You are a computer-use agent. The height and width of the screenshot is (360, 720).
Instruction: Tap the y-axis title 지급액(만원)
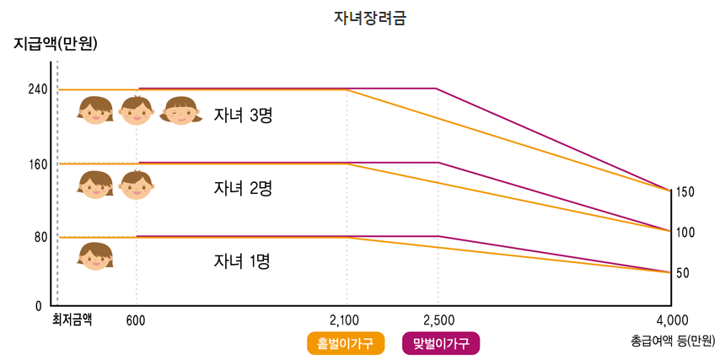click(56, 44)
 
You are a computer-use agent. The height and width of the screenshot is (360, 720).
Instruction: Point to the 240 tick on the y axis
click(38, 89)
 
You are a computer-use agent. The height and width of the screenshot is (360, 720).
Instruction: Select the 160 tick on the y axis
click(38, 164)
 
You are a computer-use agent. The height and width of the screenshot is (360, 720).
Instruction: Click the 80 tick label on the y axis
click(40, 238)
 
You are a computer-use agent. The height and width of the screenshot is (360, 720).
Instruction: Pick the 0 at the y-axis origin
click(39, 305)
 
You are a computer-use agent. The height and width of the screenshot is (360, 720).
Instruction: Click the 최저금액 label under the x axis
click(72, 319)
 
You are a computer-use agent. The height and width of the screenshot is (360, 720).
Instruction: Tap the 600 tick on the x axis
click(136, 320)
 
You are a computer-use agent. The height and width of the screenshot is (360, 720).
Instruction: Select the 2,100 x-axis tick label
click(345, 320)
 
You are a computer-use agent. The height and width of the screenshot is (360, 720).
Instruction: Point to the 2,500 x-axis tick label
click(438, 320)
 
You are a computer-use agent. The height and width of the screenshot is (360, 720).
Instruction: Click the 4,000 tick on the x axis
click(672, 320)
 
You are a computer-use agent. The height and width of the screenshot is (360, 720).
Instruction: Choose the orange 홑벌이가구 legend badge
click(346, 343)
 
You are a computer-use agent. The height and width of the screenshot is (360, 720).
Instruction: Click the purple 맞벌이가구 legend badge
click(441, 343)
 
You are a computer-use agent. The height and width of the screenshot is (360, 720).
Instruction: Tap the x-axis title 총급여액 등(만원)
click(673, 341)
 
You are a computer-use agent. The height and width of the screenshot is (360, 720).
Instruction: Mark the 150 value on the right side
click(685, 192)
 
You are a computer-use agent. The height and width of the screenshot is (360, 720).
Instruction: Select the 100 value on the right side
click(685, 232)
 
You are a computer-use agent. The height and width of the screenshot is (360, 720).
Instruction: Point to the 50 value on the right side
click(682, 273)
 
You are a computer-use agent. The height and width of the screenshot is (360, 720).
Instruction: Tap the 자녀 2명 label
click(243, 188)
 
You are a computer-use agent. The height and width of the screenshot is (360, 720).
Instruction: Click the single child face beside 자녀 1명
click(95, 255)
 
